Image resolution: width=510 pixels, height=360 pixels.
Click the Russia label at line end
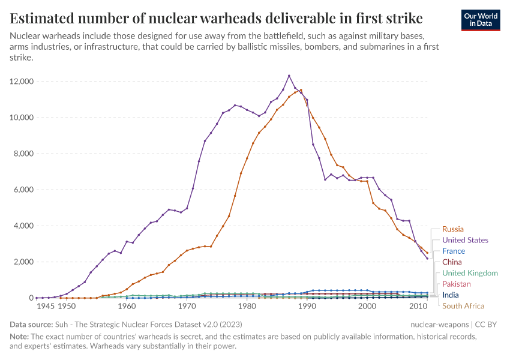(x=454, y=229)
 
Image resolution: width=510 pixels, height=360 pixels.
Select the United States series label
(x=465, y=240)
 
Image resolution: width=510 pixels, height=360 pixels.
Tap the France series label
(x=454, y=251)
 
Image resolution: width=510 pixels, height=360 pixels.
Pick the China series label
(x=452, y=262)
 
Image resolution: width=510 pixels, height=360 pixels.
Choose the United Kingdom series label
(x=470, y=273)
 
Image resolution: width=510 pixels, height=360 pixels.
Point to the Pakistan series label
(x=457, y=284)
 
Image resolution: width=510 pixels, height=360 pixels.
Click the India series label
(x=451, y=295)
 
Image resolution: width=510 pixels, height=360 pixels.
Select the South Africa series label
(x=463, y=306)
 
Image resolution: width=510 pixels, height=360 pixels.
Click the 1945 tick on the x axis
(x=46, y=306)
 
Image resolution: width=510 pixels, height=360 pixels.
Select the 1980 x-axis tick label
(x=247, y=306)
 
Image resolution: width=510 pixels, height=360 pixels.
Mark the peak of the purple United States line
(x=289, y=76)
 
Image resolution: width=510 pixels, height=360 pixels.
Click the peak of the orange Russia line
(x=301, y=90)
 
